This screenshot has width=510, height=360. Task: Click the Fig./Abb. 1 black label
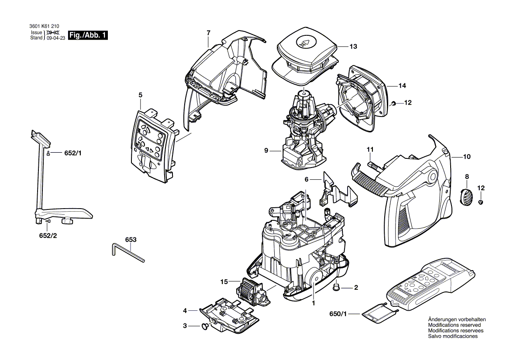tap(88, 35)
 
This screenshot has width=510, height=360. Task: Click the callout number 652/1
tap(73, 153)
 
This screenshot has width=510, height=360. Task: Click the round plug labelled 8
tap(466, 196)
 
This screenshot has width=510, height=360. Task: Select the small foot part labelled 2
tap(337, 286)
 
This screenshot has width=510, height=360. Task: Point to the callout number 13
tap(353, 46)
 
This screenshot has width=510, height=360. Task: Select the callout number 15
tap(224, 282)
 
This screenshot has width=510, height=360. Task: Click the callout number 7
tap(208, 33)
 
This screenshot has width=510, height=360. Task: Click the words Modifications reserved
tap(454, 325)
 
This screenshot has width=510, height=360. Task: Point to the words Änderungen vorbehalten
tap(457, 319)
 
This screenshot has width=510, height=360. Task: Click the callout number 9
tap(266, 151)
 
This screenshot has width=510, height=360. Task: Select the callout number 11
tap(370, 150)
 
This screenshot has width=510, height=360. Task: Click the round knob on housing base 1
tap(313, 277)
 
